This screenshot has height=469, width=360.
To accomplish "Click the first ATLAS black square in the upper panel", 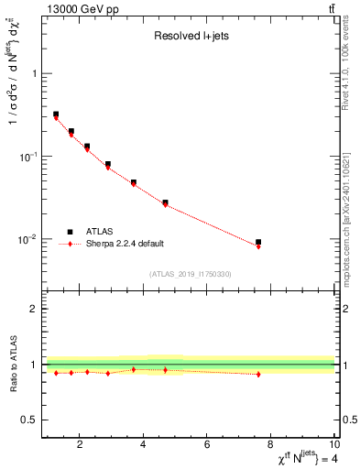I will click(x=56, y=115).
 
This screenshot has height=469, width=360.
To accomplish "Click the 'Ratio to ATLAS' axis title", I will click(x=11, y=364).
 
